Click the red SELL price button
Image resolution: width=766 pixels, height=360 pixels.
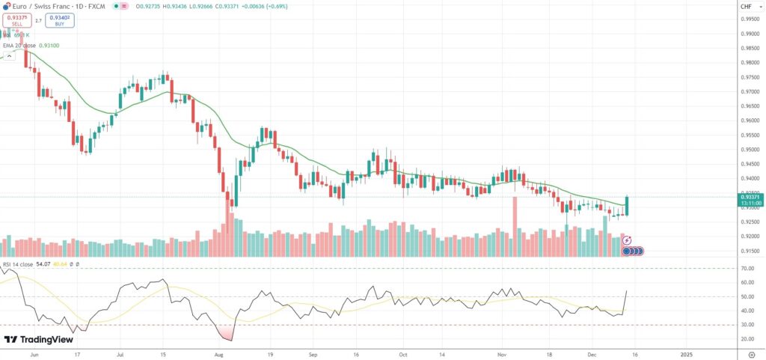point(15,21)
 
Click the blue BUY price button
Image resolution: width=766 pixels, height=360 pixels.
point(58,21)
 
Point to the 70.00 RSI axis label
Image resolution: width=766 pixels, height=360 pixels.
point(747,268)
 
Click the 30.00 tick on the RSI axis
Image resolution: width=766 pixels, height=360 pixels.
point(747,325)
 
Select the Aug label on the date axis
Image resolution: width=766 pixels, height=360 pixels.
point(219,351)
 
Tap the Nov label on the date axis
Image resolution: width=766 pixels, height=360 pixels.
point(503,351)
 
